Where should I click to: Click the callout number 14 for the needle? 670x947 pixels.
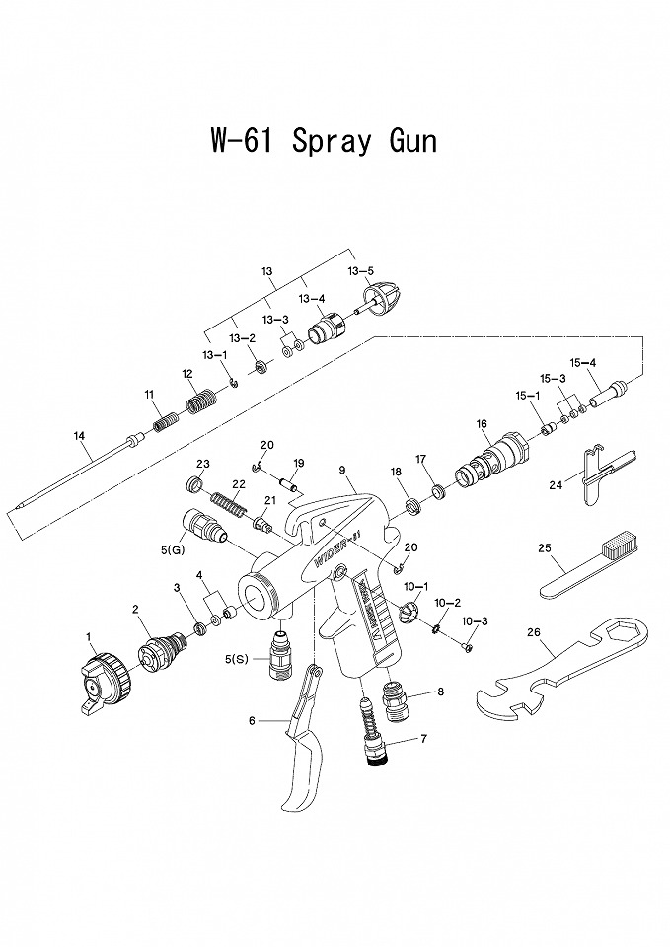(x=79, y=436)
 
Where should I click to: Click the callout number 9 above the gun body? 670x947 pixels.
(x=340, y=470)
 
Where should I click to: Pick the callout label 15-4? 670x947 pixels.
(x=584, y=362)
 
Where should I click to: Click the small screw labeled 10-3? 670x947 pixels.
(x=467, y=646)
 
